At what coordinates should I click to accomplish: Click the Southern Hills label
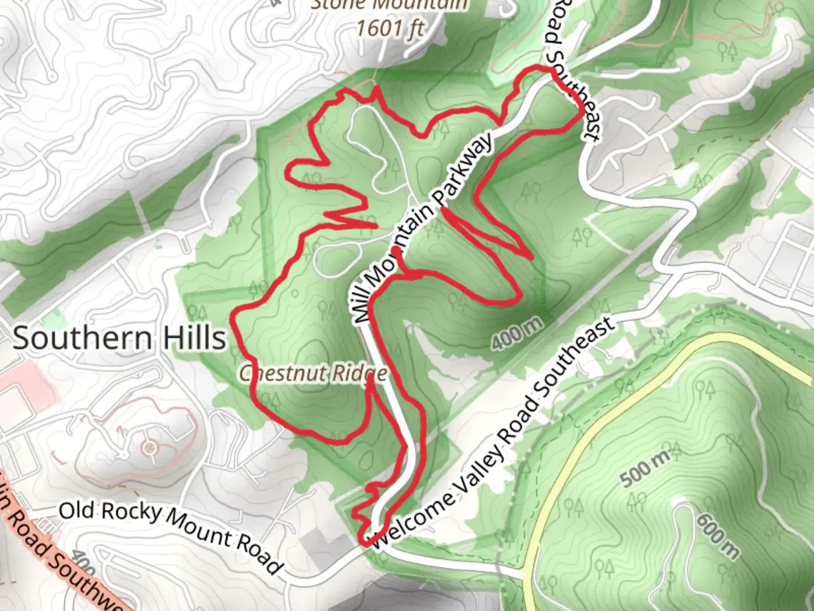[x=119, y=338]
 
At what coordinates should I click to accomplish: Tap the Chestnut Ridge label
[x=313, y=373]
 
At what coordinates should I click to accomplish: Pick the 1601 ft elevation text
[x=390, y=27]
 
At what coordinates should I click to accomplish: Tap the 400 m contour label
[x=517, y=333]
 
